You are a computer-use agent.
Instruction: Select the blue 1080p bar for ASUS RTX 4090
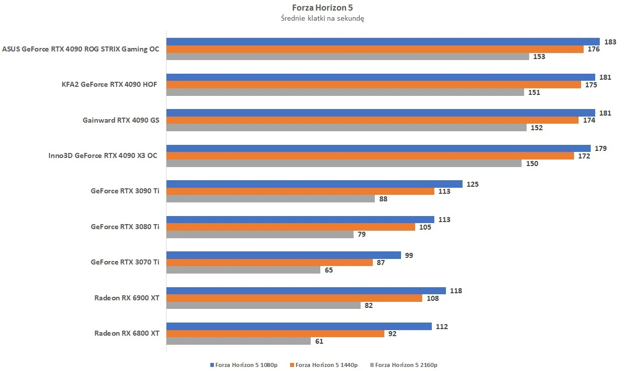[383, 42]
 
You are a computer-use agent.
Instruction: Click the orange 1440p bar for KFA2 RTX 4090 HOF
[374, 85]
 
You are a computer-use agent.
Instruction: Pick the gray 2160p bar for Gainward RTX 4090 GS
[347, 128]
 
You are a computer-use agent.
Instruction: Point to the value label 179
[600, 149]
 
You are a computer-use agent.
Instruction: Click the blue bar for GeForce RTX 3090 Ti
[314, 184]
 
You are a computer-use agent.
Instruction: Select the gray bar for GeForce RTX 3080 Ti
[260, 234]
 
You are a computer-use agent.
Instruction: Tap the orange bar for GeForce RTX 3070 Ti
[269, 262]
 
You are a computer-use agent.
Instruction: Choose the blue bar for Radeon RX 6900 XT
[306, 291]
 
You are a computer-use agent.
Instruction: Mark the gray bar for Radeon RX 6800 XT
[238, 341]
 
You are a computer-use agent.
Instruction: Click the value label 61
[319, 341]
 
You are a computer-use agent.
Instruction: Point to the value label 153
[539, 57]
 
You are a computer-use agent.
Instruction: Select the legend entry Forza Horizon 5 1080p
[243, 364]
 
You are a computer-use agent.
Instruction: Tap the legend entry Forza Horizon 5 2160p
[404, 364]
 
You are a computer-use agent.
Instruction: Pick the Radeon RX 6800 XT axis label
[127, 334]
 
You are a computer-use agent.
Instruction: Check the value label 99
[409, 255]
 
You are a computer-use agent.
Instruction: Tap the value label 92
[392, 334]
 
